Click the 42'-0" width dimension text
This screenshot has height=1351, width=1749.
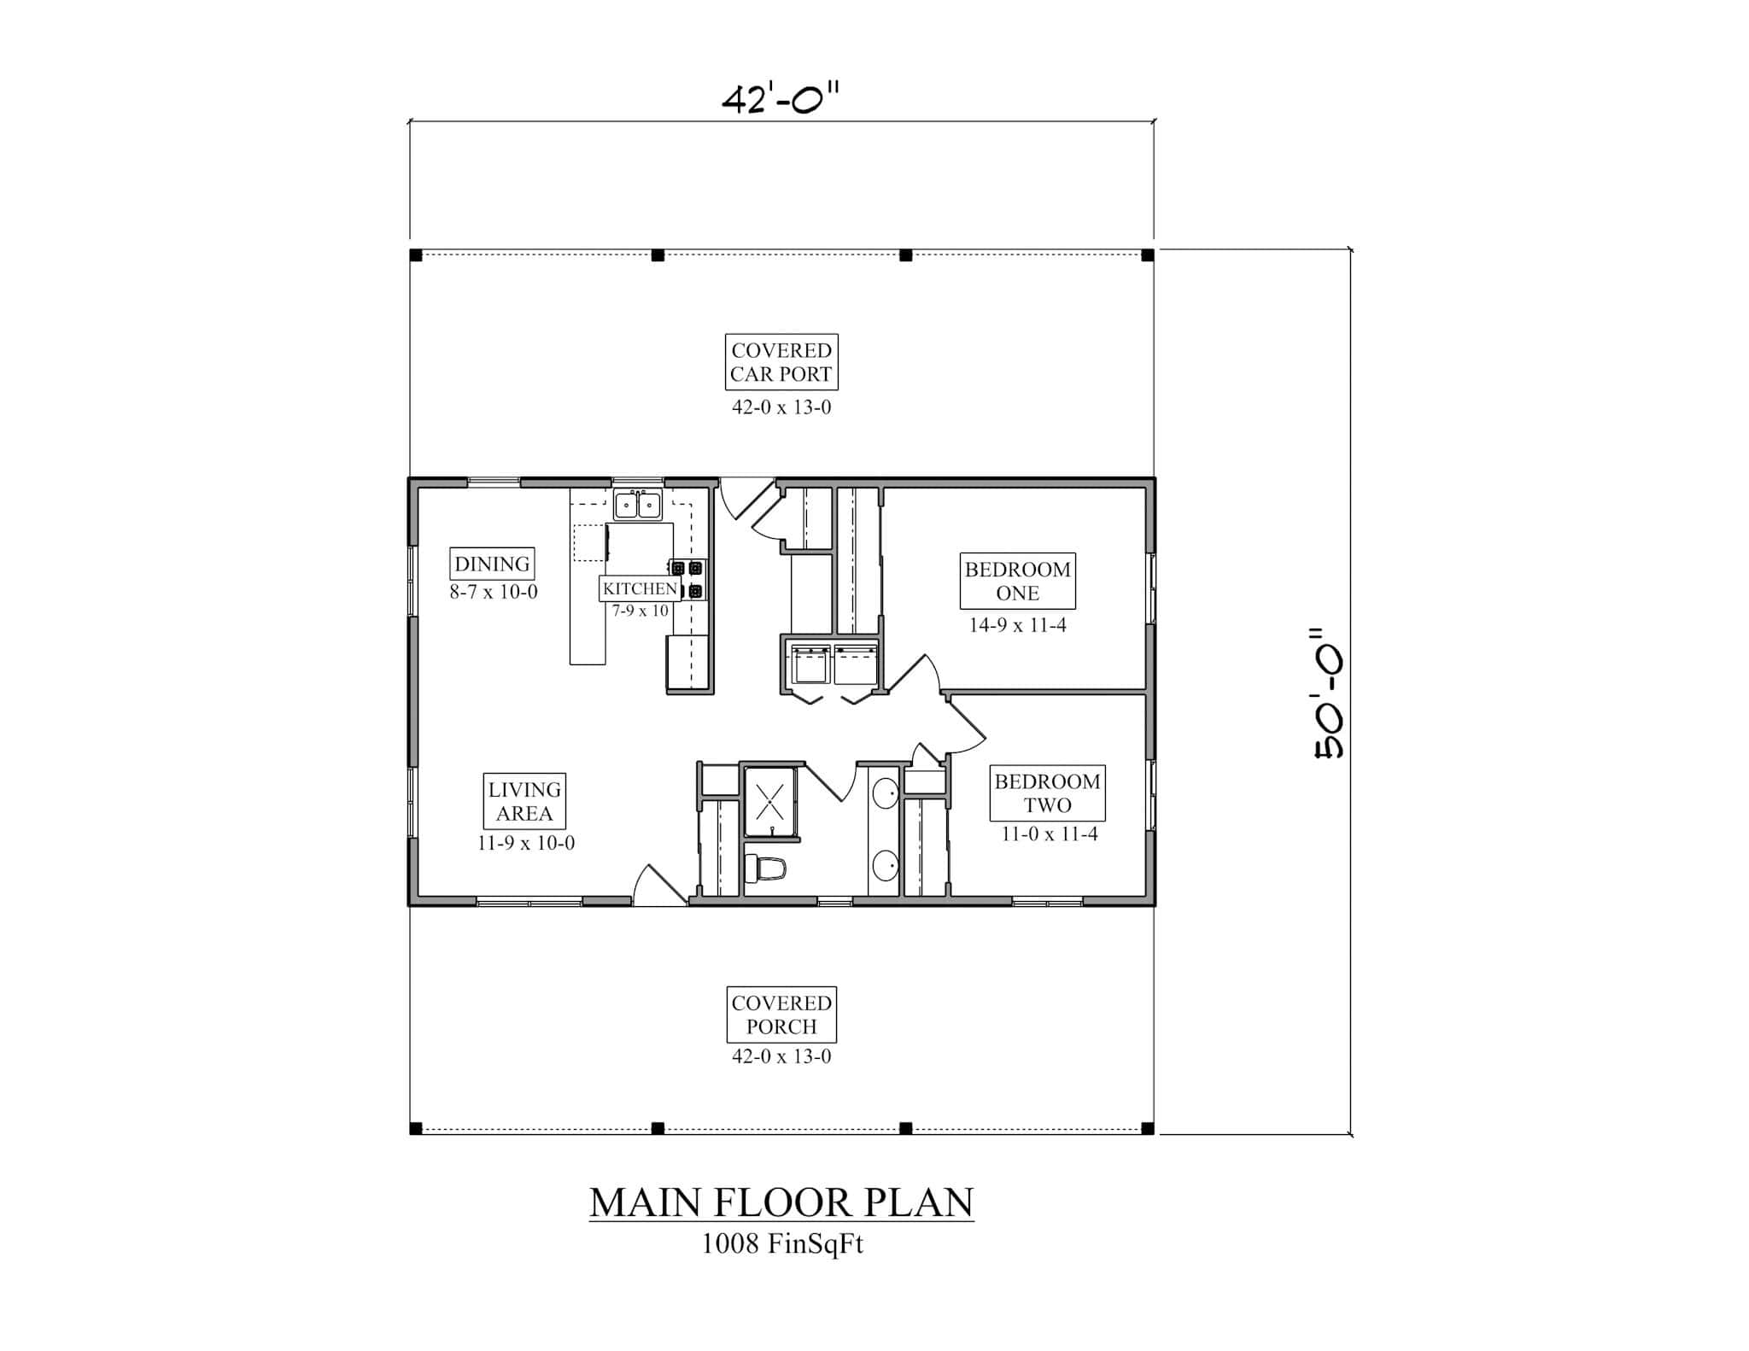click(x=781, y=100)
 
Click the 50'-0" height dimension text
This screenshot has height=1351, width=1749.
click(x=1329, y=693)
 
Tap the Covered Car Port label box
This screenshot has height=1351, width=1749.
click(x=781, y=362)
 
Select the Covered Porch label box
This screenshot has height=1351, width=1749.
click(x=781, y=1015)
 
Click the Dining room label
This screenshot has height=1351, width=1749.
click(x=492, y=564)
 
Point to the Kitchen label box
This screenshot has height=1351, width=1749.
click(x=640, y=588)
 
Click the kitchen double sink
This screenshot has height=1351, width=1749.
click(x=638, y=505)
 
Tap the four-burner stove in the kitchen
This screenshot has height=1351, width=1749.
click(x=687, y=578)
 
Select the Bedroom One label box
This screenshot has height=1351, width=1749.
click(x=1017, y=581)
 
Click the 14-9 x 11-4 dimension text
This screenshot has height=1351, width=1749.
click(x=1017, y=625)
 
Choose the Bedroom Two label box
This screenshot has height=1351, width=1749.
click(x=1047, y=792)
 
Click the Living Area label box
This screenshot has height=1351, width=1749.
click(x=524, y=801)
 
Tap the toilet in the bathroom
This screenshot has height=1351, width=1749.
click(x=765, y=869)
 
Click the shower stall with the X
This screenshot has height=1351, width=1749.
click(x=770, y=802)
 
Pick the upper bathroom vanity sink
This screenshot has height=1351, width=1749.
click(x=886, y=792)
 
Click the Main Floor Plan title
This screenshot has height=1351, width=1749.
click(x=781, y=1202)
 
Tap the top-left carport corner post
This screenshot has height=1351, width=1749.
click(x=416, y=255)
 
